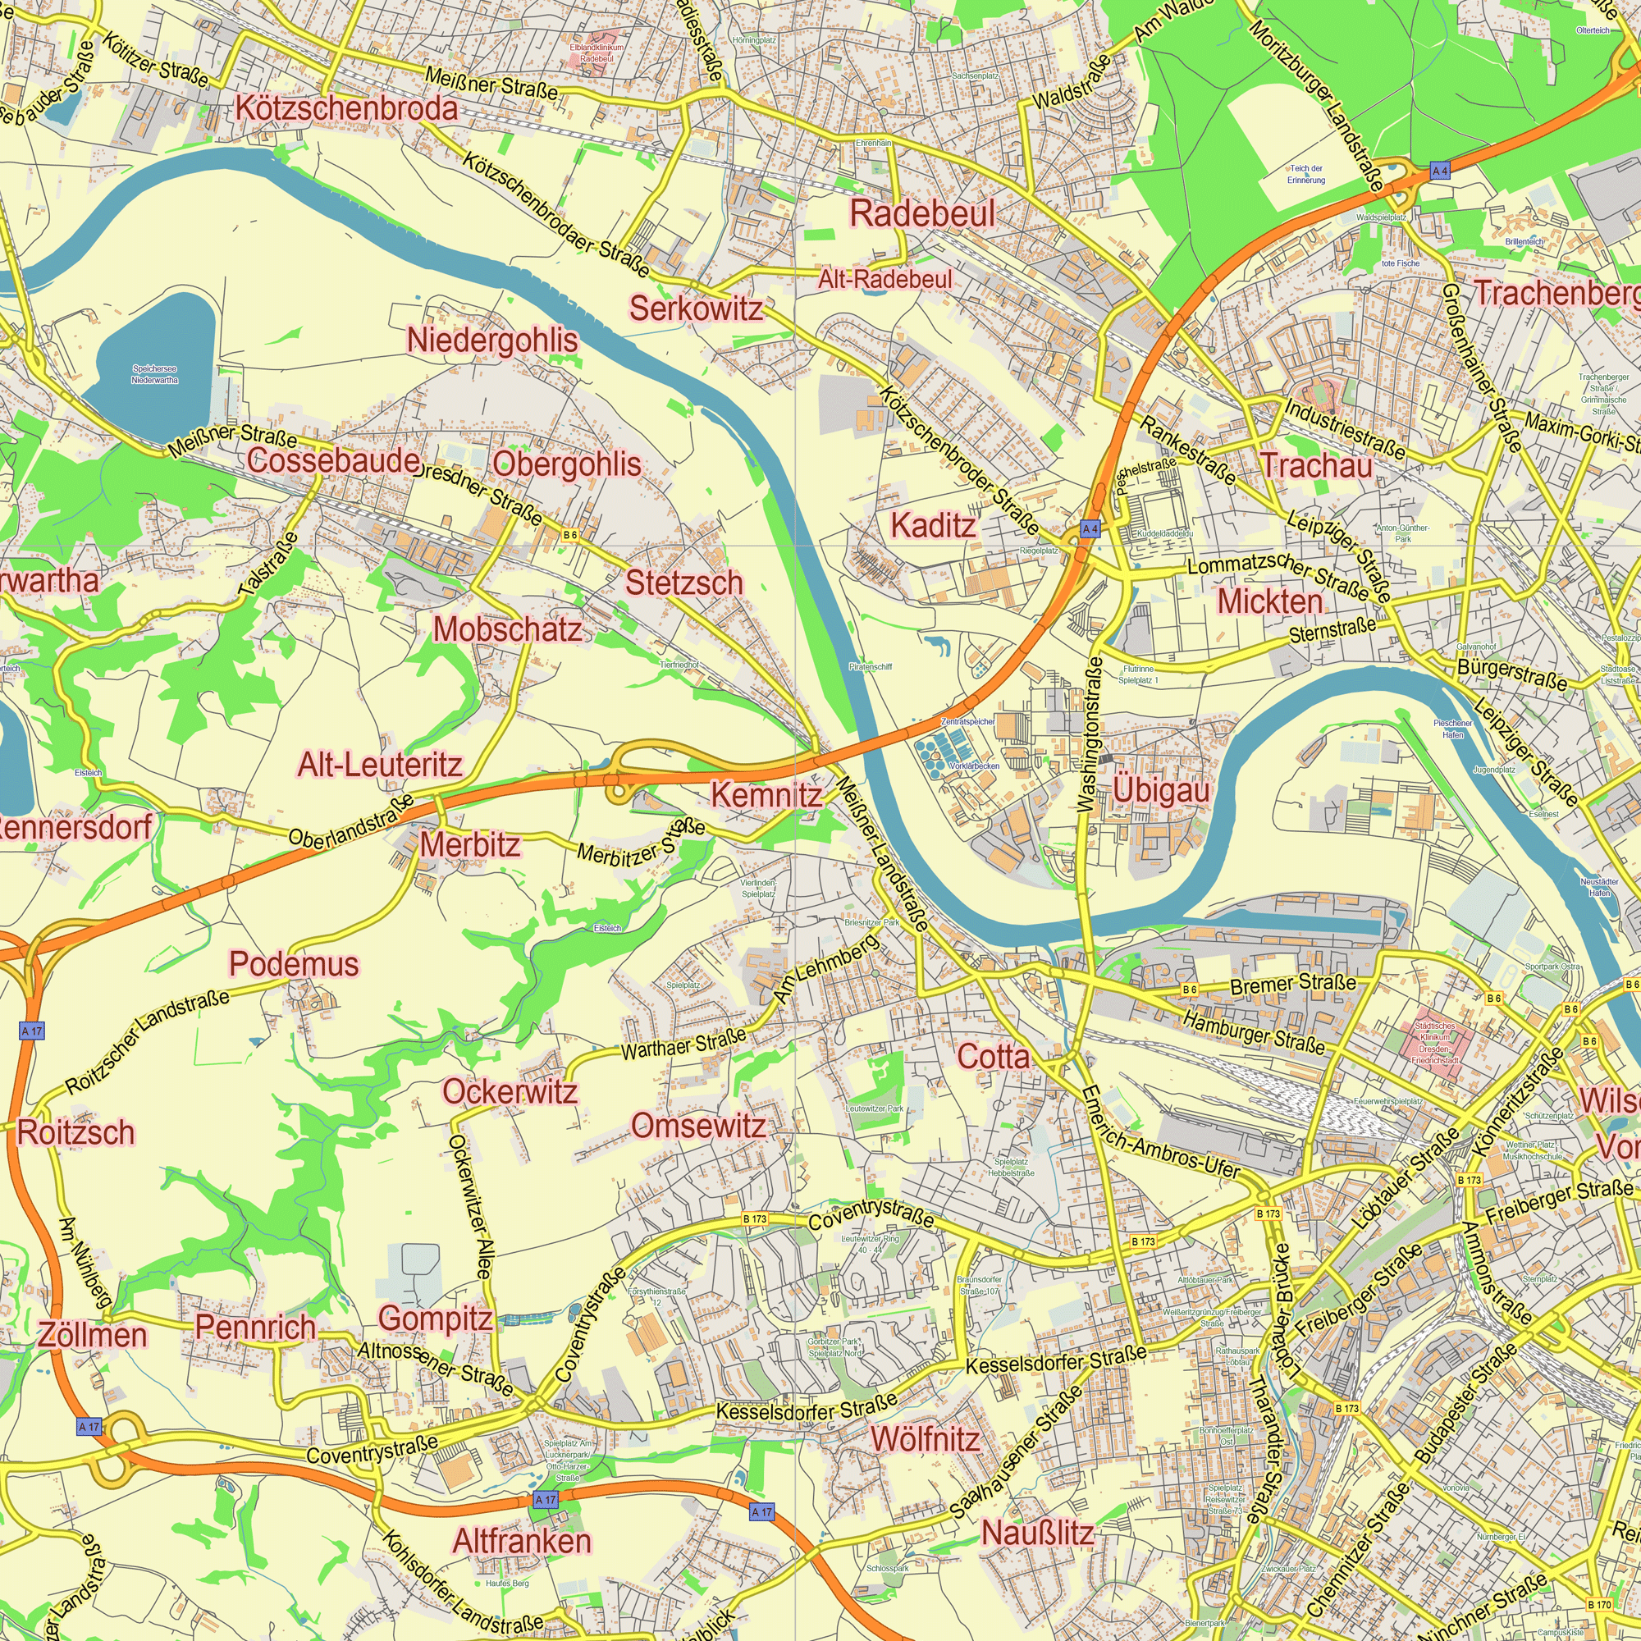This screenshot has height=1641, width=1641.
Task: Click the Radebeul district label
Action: [922, 214]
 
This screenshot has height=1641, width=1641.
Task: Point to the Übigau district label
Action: [1161, 791]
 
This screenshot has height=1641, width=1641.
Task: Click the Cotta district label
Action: [993, 1057]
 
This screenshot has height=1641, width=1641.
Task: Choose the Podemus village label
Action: [294, 964]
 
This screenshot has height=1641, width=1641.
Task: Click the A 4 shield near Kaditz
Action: [1090, 529]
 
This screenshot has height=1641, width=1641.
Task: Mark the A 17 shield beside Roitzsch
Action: [31, 1031]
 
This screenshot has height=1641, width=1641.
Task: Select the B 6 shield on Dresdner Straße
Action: [570, 535]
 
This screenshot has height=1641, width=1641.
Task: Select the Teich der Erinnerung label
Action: [1305, 174]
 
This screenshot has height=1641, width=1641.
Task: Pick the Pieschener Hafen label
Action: [1452, 729]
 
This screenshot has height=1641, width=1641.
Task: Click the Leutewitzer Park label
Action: [875, 1108]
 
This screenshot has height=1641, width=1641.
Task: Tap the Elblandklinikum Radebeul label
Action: [597, 53]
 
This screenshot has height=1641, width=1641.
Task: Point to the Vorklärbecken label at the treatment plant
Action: [974, 766]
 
